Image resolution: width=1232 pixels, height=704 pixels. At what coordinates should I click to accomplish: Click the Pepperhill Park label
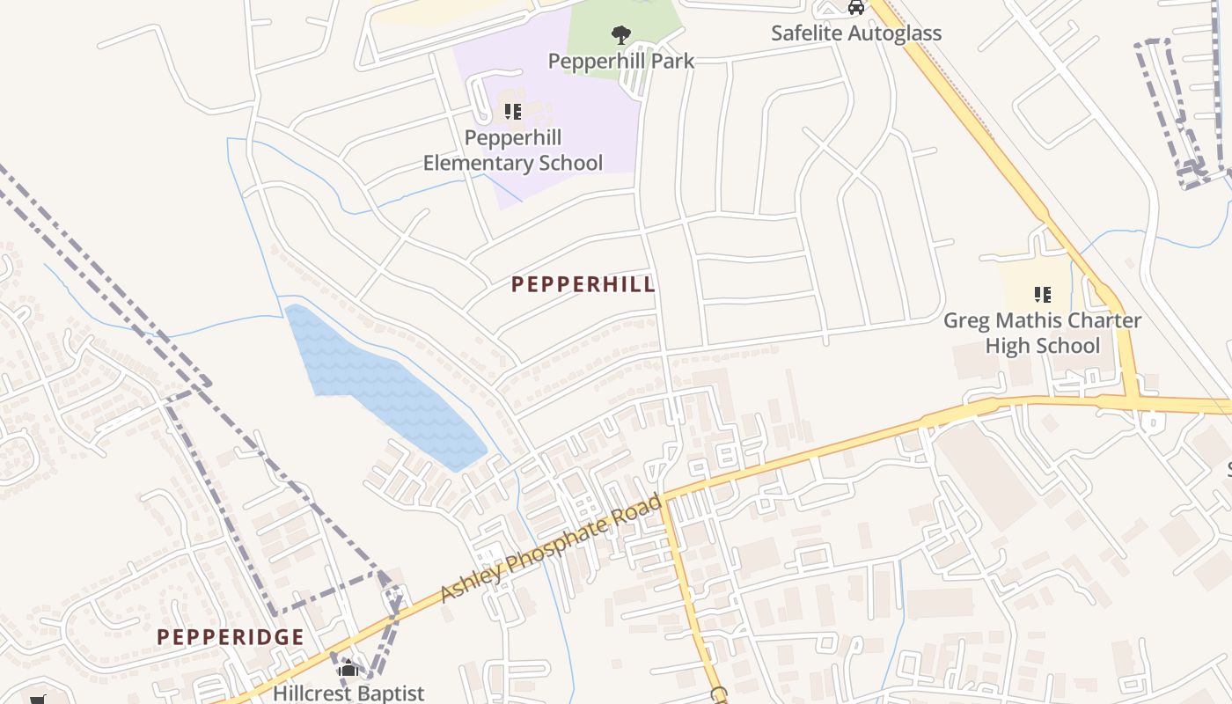pos(620,61)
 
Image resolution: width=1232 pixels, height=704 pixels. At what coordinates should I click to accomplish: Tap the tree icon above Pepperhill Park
pos(621,35)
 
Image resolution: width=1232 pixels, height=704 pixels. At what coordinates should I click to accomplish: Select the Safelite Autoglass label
pos(855,33)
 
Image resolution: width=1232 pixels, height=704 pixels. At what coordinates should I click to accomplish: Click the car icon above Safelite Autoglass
pos(855,8)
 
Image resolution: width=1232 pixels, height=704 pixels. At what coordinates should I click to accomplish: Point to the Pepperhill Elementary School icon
pos(512,112)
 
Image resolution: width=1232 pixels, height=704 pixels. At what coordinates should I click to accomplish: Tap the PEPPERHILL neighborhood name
pos(583,284)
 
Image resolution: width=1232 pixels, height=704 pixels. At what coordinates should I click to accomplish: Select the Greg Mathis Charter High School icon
pos(1042,295)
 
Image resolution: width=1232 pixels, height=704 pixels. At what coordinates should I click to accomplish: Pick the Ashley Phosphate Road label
pos(551,549)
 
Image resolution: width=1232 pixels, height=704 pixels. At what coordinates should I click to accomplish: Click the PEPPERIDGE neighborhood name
pos(231,637)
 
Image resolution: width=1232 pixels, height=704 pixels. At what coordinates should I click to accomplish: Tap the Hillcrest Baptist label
pos(348,693)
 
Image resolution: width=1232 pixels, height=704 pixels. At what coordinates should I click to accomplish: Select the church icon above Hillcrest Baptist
pos(348,668)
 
